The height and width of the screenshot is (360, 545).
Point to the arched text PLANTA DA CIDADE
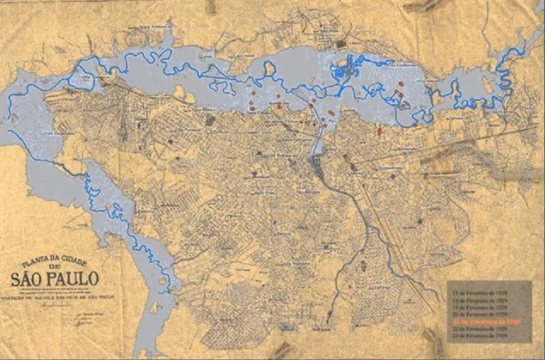point(51,263)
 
